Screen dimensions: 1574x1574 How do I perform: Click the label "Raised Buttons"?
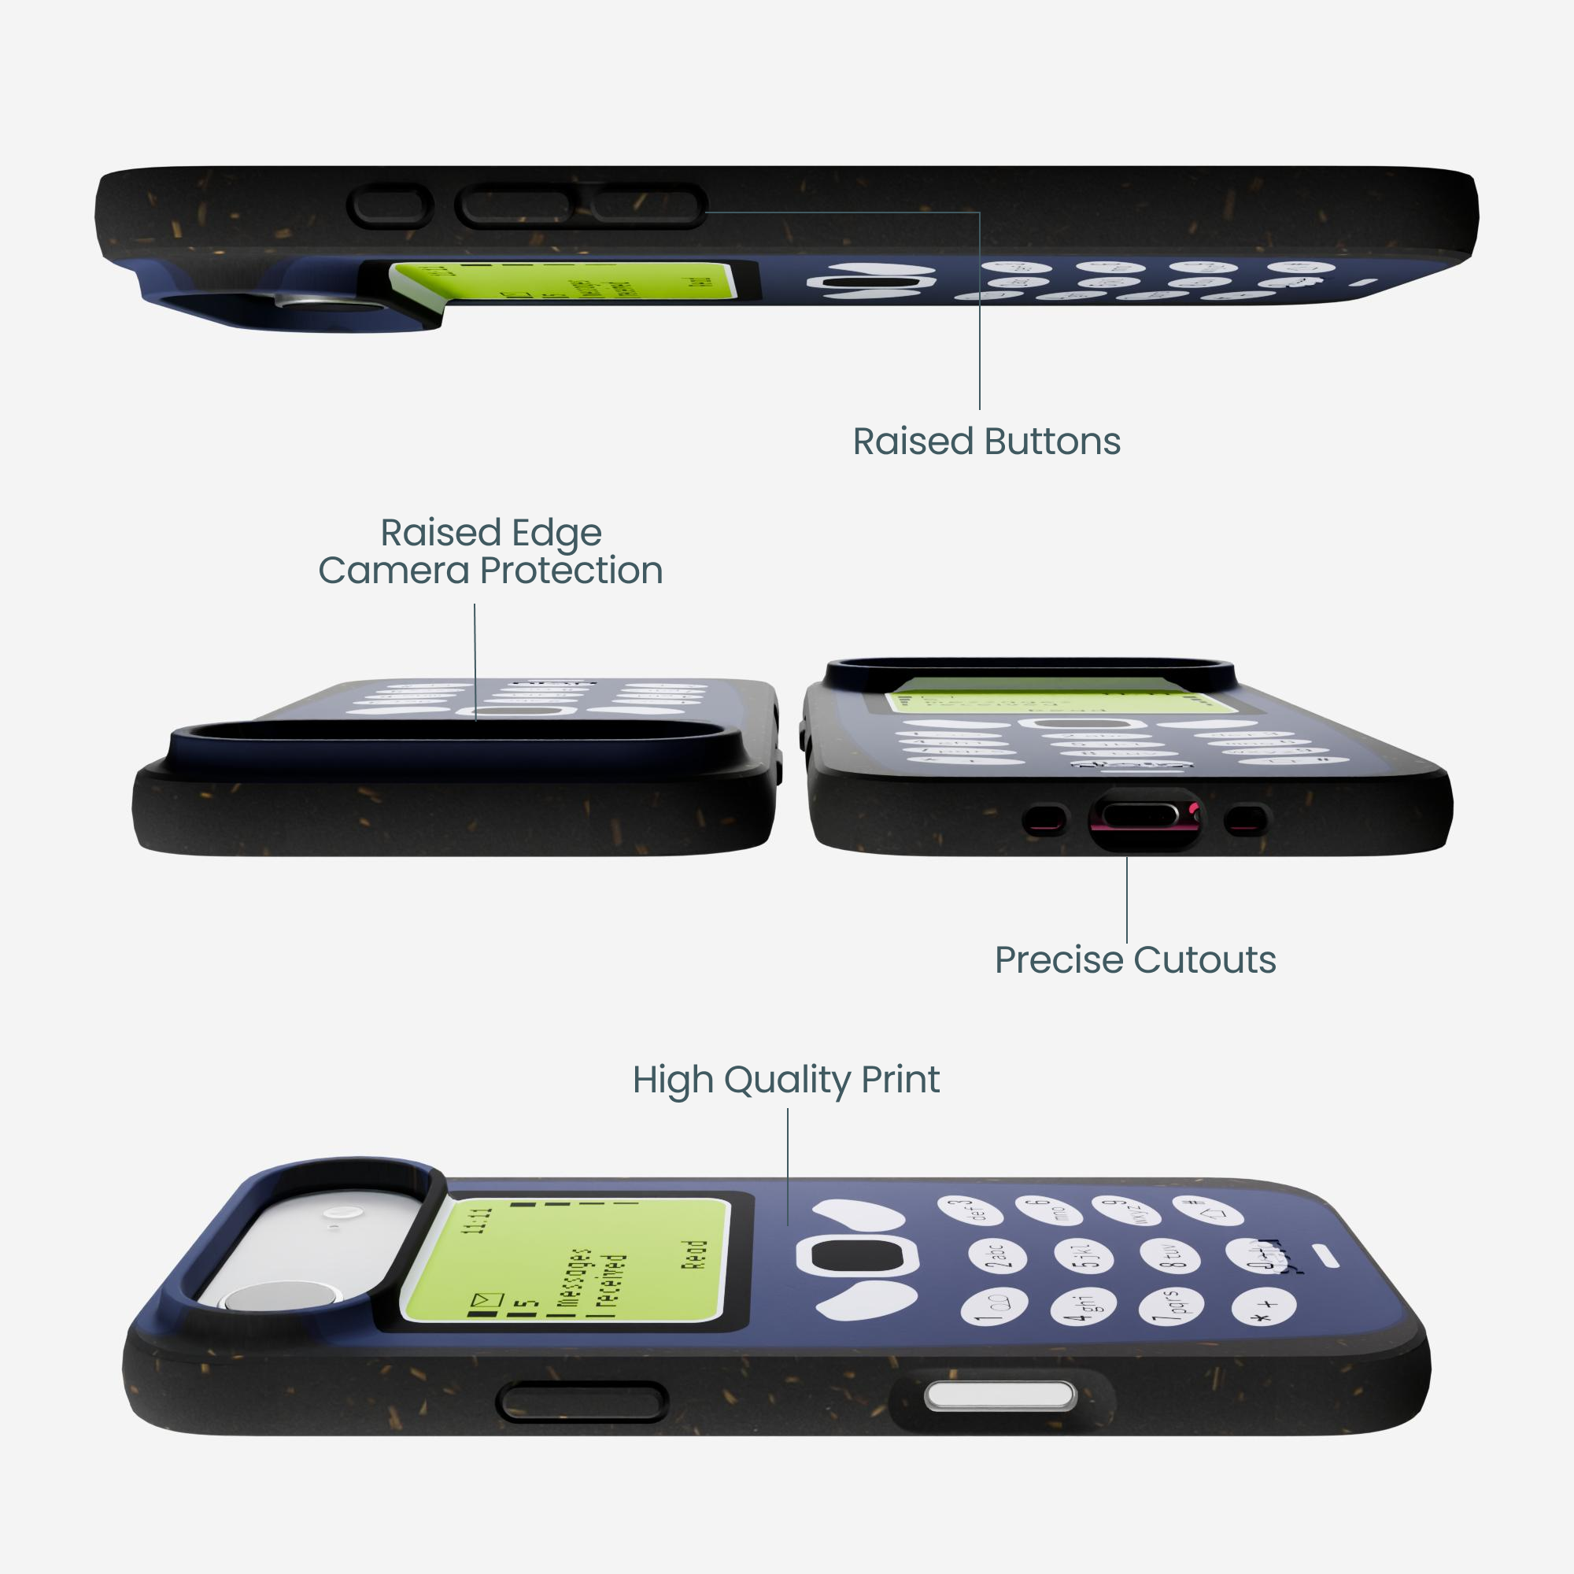[x=986, y=442]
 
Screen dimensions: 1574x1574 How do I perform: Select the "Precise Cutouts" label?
[x=1135, y=959]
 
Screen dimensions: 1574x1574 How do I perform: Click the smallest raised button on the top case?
[x=390, y=206]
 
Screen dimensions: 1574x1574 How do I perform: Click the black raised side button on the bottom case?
[x=582, y=1403]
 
